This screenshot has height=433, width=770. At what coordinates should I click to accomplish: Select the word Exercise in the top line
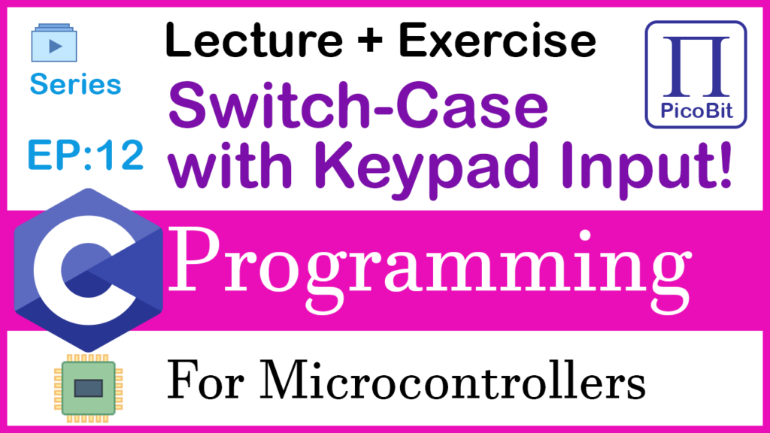coord(497,41)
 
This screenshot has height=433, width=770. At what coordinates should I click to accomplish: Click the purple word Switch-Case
coord(358,105)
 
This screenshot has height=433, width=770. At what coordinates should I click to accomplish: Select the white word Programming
coord(429,270)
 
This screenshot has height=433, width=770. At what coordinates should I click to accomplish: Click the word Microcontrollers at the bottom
coord(452,380)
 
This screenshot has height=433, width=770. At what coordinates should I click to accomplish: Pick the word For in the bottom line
coord(205,380)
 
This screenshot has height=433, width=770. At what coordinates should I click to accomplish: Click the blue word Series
coord(75,84)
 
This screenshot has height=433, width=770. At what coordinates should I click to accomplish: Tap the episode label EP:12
coord(86,155)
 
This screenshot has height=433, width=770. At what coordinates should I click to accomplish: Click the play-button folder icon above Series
coord(54,43)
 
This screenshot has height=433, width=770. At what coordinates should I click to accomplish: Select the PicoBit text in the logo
coord(696,111)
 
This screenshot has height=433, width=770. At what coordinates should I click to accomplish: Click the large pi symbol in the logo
coord(696,66)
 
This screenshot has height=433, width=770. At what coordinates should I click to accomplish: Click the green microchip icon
coord(89,388)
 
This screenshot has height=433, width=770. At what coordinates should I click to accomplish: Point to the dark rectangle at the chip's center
coord(89,389)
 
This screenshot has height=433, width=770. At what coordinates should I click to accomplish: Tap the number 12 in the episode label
coord(121,155)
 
